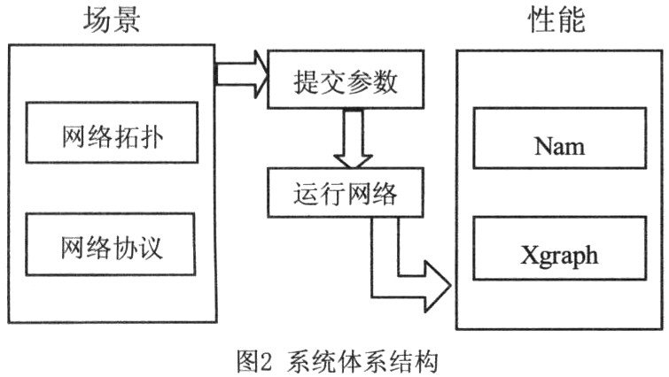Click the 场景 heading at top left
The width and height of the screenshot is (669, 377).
[x=112, y=20]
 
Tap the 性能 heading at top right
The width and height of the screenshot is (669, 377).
[x=557, y=20]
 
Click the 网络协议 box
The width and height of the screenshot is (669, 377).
[x=113, y=244]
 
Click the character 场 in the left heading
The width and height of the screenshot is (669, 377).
[x=97, y=20]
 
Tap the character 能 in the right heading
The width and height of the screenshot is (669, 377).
[x=572, y=20]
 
